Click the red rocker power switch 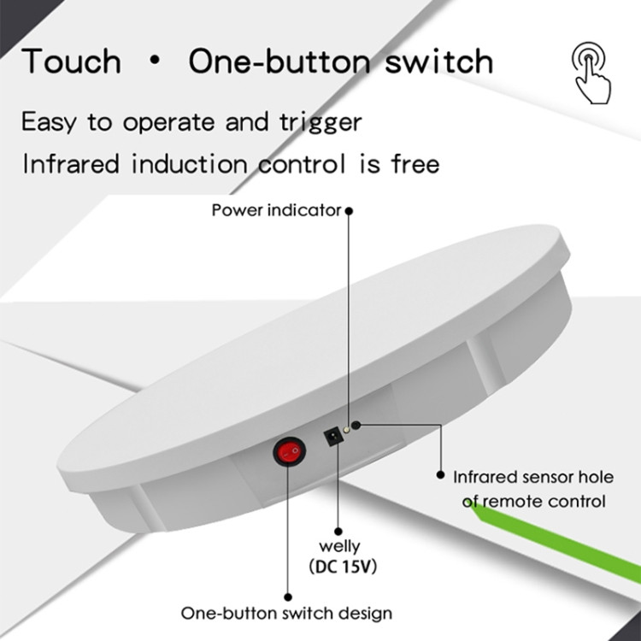(289, 451)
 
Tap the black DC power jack (333, 436)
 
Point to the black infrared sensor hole (356, 425)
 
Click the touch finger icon (591, 73)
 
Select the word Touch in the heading (71, 62)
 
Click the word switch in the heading (439, 62)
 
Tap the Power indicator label (276, 210)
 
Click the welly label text (339, 546)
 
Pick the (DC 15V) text (343, 567)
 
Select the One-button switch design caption (286, 613)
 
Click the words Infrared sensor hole (533, 477)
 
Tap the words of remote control (533, 501)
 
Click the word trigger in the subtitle (320, 122)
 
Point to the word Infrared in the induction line (71, 163)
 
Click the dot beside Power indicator (349, 211)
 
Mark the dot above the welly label (338, 532)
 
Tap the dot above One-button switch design (288, 597)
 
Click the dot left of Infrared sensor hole (440, 474)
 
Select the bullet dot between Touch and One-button (155, 62)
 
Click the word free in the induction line (415, 163)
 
